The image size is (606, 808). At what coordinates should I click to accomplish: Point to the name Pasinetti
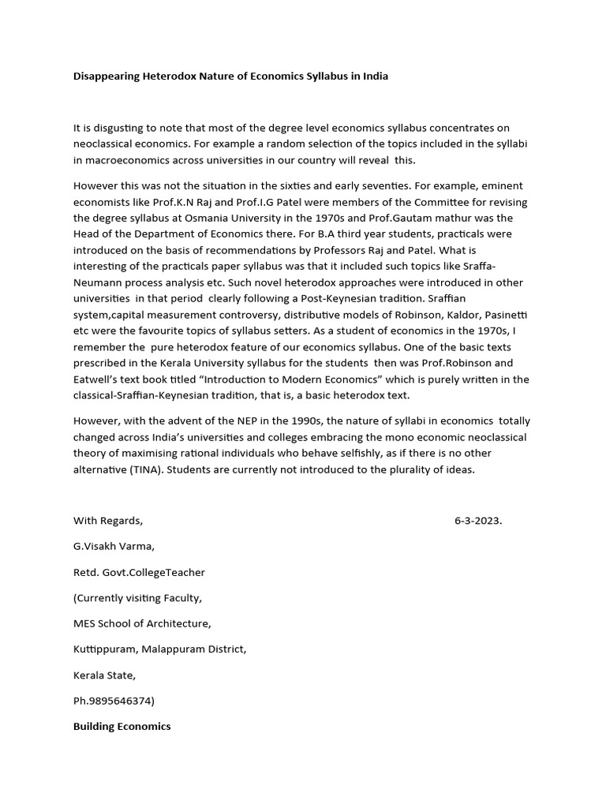pyautogui.click(x=505, y=315)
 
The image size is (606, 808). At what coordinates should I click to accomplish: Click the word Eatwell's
pyautogui.click(x=99, y=379)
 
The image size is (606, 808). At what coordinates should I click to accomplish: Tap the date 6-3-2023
pyautogui.click(x=478, y=521)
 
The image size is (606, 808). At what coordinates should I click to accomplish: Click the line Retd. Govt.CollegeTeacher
pyautogui.click(x=139, y=572)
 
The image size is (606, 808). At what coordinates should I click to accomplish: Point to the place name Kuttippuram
pyautogui.click(x=107, y=649)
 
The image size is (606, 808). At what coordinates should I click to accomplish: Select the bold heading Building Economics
pyautogui.click(x=122, y=726)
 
